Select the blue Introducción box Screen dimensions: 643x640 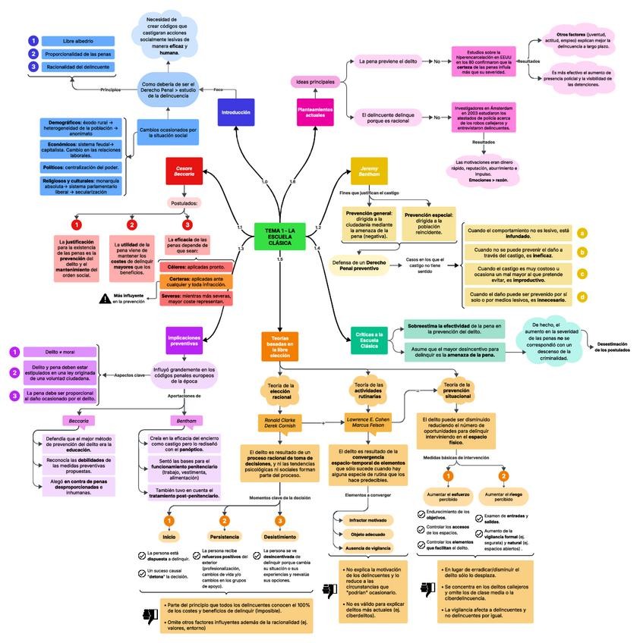pos(235,112)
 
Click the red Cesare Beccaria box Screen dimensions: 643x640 pos(184,171)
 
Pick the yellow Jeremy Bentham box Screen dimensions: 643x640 pos(369,171)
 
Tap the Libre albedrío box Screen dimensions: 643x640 pos(77,41)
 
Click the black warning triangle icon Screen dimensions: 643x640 pos(105,298)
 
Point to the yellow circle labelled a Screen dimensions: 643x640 pos(582,234)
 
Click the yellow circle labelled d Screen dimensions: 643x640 pos(582,296)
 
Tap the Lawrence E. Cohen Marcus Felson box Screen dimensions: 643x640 pos(367,423)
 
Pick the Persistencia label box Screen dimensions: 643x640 pos(224,536)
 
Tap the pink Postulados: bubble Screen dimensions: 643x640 pos(184,203)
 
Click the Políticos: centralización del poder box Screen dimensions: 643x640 pos(80,167)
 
